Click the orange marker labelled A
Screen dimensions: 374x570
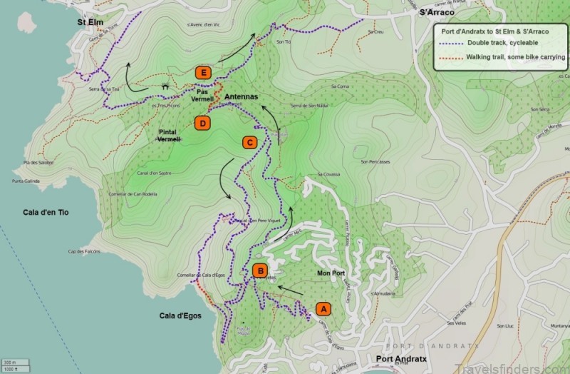click(323, 308)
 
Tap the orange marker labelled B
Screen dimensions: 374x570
click(261, 271)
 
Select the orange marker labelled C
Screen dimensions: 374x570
click(249, 142)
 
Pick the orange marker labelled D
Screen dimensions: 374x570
click(203, 123)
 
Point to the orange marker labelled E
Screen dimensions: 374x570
click(204, 72)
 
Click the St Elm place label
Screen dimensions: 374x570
click(90, 22)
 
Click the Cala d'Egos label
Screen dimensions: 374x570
click(178, 316)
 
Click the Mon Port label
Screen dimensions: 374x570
click(330, 272)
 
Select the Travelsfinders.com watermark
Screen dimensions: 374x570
click(524, 364)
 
